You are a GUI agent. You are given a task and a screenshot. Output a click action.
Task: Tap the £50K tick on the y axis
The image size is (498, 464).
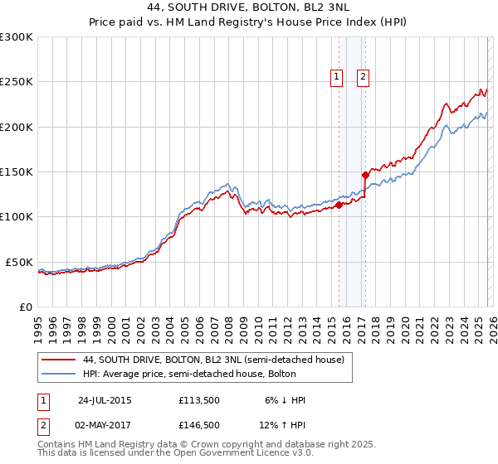click(x=19, y=262)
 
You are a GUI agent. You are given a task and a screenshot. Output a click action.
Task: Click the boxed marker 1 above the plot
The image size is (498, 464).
click(x=337, y=78)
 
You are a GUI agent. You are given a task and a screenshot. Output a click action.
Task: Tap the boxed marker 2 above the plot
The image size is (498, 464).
click(x=364, y=78)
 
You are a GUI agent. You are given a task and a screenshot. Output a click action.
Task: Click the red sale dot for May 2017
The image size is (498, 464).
click(x=364, y=175)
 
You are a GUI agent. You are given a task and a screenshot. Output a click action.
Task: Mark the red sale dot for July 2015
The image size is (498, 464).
click(x=339, y=205)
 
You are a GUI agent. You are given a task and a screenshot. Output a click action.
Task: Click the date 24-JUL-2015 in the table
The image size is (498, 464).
click(x=105, y=400)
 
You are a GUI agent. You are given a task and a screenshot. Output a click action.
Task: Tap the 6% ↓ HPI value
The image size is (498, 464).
click(x=285, y=400)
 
